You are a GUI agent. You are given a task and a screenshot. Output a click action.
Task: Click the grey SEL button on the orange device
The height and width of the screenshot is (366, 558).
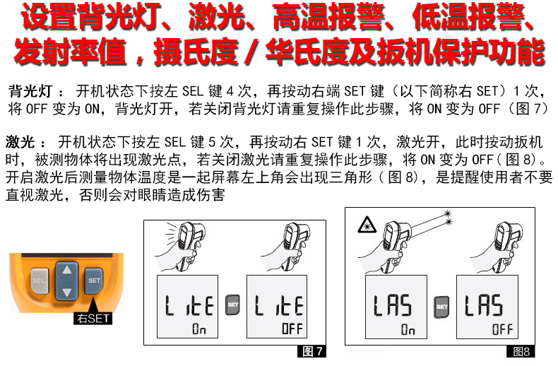click(38, 281)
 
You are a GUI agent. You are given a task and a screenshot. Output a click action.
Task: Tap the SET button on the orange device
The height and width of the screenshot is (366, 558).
click(94, 281)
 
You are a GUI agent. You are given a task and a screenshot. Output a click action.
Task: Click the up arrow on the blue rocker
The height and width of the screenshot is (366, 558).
click(66, 270)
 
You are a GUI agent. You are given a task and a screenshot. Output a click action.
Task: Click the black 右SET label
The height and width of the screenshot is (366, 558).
click(93, 318)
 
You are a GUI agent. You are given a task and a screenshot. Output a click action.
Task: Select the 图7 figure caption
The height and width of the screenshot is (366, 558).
click(311, 351)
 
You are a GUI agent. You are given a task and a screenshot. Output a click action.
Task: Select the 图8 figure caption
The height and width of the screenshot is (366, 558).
click(521, 352)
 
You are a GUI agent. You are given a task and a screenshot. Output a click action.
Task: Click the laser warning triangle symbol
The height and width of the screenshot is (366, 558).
click(367, 225)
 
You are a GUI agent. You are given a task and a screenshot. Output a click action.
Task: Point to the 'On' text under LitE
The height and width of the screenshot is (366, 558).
click(199, 329)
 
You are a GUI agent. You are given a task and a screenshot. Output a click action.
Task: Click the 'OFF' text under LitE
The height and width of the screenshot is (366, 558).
click(292, 329)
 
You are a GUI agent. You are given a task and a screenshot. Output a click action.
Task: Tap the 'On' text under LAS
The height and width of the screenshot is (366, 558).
click(408, 329)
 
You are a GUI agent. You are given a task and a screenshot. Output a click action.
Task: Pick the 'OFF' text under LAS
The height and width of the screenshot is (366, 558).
click(502, 329)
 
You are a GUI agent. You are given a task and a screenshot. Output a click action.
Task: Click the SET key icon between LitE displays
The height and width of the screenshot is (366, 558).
click(233, 305)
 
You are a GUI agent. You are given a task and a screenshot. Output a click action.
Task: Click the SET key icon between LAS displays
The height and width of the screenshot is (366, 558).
click(441, 307)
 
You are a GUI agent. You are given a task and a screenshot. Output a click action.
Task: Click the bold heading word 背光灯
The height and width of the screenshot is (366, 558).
click(30, 91)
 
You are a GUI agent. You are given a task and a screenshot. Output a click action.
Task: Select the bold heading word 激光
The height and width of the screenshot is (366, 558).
click(20, 142)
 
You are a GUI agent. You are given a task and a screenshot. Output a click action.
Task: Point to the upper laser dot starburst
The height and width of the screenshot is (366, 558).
click(447, 213)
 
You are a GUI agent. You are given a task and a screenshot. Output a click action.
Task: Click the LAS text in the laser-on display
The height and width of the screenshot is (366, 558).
click(393, 305)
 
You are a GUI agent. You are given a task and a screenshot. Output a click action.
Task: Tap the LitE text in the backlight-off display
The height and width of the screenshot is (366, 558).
click(279, 305)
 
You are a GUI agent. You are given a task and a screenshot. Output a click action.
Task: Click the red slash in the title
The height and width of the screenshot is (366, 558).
click(251, 52)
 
